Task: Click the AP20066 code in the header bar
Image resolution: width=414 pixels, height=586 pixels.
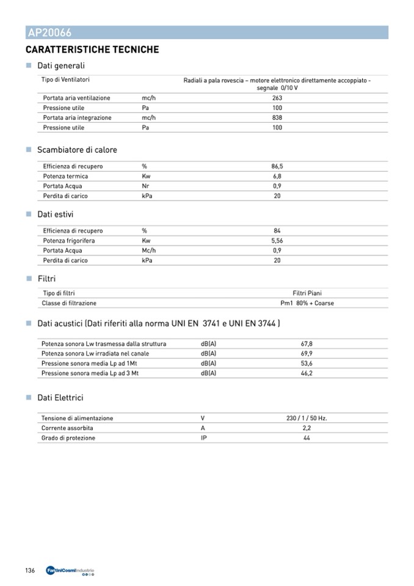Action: tap(49, 33)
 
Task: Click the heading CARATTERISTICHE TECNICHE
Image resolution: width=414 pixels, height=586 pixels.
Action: tap(92, 49)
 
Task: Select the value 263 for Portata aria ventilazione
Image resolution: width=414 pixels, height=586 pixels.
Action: tap(277, 98)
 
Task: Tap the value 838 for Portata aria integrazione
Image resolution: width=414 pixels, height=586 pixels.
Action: tap(277, 117)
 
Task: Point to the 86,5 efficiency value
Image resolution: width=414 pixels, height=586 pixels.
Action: tap(277, 166)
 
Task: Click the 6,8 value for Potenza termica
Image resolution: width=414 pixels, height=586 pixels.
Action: tap(277, 176)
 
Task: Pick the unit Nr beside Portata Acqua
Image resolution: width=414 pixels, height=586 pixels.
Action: tap(146, 186)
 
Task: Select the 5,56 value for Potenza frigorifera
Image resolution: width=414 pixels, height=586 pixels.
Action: tap(277, 241)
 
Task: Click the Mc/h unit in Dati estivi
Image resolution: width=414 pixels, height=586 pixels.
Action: tap(149, 251)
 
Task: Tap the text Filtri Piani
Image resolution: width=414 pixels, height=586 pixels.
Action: tap(307, 293)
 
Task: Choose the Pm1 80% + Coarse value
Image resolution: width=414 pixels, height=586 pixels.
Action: tap(307, 303)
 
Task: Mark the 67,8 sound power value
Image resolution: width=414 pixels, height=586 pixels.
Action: tap(307, 344)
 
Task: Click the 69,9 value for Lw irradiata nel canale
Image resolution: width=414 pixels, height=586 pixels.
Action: tap(307, 354)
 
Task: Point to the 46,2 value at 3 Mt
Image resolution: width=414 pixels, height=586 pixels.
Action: tap(307, 373)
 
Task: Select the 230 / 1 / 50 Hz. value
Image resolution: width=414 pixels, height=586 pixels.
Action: tap(307, 419)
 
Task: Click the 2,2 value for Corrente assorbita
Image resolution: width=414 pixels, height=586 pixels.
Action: tap(307, 428)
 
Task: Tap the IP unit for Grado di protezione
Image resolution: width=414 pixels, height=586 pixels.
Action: tap(204, 438)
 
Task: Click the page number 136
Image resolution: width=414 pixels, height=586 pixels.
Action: tap(31, 571)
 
